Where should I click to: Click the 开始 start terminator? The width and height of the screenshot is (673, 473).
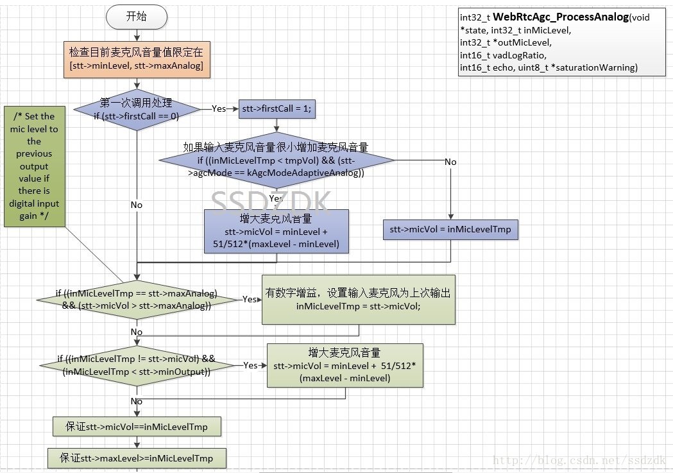pyautogui.click(x=136, y=17)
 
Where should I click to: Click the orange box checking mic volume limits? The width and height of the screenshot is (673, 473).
pyautogui.click(x=136, y=58)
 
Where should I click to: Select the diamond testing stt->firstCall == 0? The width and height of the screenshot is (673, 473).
pyautogui.click(x=136, y=109)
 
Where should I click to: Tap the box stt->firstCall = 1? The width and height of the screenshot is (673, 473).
pyautogui.click(x=277, y=109)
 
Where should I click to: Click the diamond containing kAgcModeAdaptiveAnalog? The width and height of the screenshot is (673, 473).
pyautogui.click(x=277, y=160)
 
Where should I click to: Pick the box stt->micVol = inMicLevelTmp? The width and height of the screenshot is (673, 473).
pyautogui.click(x=450, y=230)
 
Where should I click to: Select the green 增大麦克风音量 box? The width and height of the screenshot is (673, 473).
pyautogui.click(x=345, y=366)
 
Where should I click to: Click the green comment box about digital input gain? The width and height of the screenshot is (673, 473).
pyautogui.click(x=34, y=166)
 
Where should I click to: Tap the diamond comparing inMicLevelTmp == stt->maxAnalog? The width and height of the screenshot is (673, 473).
pyautogui.click(x=137, y=300)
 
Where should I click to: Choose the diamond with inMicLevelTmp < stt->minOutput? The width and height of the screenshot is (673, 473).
pyautogui.click(x=137, y=366)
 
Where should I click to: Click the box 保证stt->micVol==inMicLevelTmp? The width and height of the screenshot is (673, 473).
pyautogui.click(x=137, y=426)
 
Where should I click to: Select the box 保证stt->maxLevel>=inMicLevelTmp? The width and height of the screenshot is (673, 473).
pyautogui.click(x=137, y=458)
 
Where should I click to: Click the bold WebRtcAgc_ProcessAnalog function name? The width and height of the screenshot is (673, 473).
pyautogui.click(x=560, y=17)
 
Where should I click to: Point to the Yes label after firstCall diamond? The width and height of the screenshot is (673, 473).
pyautogui.click(x=219, y=109)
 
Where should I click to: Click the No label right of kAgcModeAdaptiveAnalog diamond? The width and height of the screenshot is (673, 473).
pyautogui.click(x=450, y=162)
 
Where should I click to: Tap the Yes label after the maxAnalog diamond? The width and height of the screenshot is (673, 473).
pyautogui.click(x=250, y=299)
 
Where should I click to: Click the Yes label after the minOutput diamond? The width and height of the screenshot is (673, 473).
pyautogui.click(x=251, y=365)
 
